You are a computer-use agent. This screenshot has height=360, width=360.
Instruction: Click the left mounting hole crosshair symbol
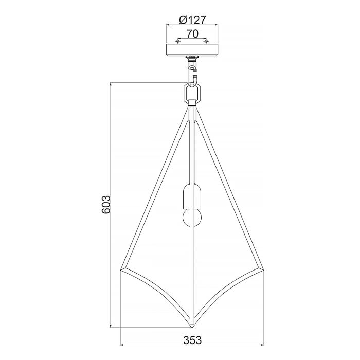(177, 40)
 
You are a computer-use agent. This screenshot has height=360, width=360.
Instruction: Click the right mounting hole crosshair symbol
(206, 40)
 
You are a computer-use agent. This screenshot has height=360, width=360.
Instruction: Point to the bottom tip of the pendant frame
(191, 327)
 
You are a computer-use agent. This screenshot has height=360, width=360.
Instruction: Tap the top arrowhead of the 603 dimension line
(112, 84)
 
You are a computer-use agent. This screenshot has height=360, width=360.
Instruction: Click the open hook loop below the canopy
(194, 78)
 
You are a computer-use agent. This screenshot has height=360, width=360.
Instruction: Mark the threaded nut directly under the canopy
(192, 58)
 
